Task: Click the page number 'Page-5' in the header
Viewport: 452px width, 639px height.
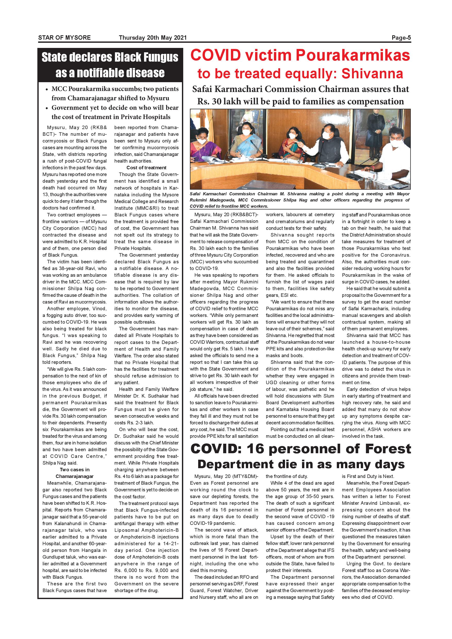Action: pos(401,38)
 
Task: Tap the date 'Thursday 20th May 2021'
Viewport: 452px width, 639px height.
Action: pos(153,38)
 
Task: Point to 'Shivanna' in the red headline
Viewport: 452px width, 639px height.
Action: pos(372,74)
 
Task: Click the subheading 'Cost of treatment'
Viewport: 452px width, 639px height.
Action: pos(146,167)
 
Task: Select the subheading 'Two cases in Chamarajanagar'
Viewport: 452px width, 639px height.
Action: pos(74,473)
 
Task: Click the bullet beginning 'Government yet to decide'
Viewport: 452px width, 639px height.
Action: pos(115,112)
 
